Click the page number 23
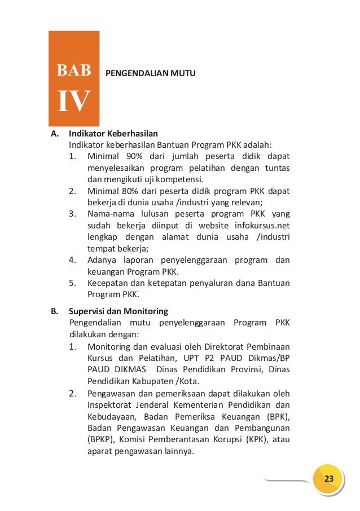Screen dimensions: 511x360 329,479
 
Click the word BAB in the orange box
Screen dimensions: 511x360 74,71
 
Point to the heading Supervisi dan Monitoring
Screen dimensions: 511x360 118,311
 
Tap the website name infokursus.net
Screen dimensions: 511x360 262,226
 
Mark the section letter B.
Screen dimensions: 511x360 54,311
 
